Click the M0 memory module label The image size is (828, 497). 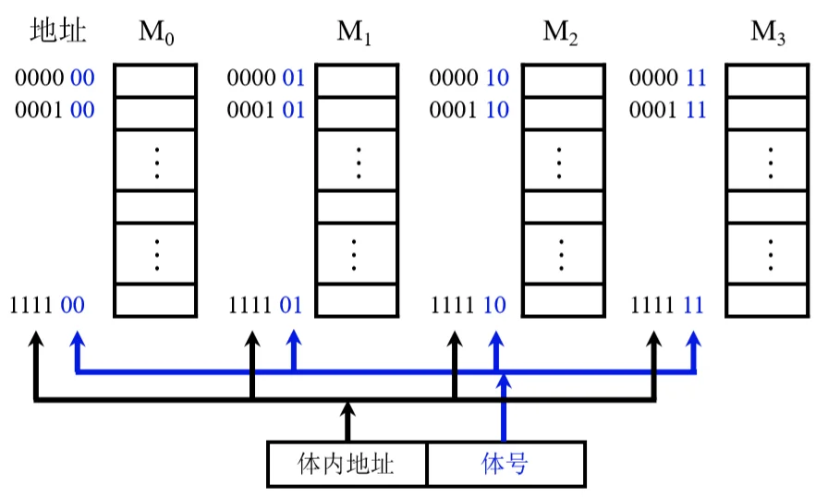pos(156,33)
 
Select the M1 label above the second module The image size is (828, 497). pos(355,33)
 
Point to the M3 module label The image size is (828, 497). pos(769,33)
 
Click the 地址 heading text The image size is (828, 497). pos(58,32)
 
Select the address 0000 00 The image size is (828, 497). pos(55,79)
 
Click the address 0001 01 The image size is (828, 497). pos(266,111)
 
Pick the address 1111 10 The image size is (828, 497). pos(469,304)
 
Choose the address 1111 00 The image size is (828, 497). pos(47,304)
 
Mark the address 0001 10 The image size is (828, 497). pos(470,111)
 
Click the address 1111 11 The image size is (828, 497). pos(667,304)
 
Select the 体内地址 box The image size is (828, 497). pos(347,463)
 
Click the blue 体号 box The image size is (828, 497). pos(505,463)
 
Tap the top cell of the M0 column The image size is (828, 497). pos(156,79)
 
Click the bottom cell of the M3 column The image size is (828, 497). pos(770,299)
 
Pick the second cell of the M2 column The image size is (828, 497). pos(559,113)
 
